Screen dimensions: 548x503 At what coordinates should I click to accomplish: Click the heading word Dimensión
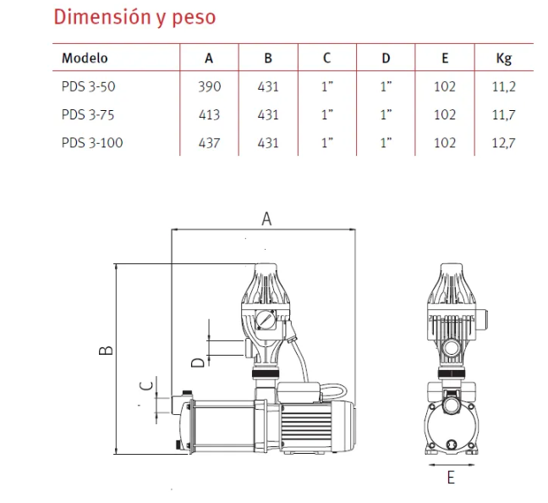point(103,16)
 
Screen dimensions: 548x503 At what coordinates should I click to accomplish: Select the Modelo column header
point(85,58)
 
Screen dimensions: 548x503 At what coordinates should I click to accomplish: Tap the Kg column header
point(504,58)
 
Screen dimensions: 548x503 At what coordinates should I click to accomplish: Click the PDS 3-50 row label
point(89,86)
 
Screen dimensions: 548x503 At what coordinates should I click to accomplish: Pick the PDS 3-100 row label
point(92,143)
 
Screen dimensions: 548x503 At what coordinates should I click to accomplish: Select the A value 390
point(210,86)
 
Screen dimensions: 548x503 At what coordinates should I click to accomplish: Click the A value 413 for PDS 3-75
point(209,115)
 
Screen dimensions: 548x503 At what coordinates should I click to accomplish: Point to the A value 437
point(209,143)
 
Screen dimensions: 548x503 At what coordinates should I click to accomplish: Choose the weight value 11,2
point(504,86)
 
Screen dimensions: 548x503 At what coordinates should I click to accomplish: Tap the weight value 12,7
point(504,143)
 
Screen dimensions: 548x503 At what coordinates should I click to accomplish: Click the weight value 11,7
point(504,115)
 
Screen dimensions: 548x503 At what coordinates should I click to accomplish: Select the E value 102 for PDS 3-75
point(445,115)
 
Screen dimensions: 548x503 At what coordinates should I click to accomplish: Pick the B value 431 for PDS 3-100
point(268,143)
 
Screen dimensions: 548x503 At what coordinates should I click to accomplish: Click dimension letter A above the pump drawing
point(266,218)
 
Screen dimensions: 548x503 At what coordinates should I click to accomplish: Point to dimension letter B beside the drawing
point(106,351)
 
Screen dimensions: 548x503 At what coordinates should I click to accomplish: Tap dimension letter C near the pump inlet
point(146,386)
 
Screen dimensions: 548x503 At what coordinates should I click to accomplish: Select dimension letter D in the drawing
point(198,362)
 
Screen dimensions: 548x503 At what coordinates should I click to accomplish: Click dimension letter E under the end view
point(451,478)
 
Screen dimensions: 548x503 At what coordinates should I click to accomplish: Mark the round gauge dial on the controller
point(266,319)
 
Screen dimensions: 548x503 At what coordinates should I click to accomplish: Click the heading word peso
point(194,18)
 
